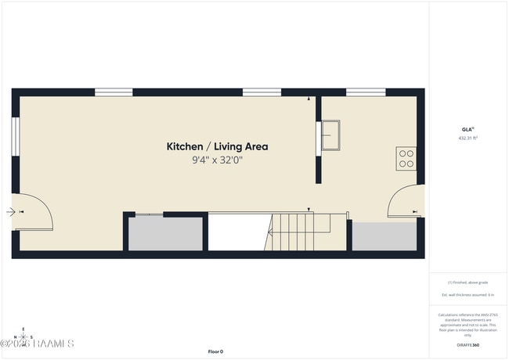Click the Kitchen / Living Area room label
[217, 146]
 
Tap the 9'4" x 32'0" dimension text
[217, 160]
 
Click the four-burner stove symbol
[406, 159]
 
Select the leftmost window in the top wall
[114, 92]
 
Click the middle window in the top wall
[262, 92]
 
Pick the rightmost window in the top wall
[366, 92]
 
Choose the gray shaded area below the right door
[384, 236]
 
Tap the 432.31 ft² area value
[467, 138]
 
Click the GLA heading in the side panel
[467, 129]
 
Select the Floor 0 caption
[215, 351]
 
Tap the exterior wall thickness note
[467, 295]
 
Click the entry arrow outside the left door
[9, 211]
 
